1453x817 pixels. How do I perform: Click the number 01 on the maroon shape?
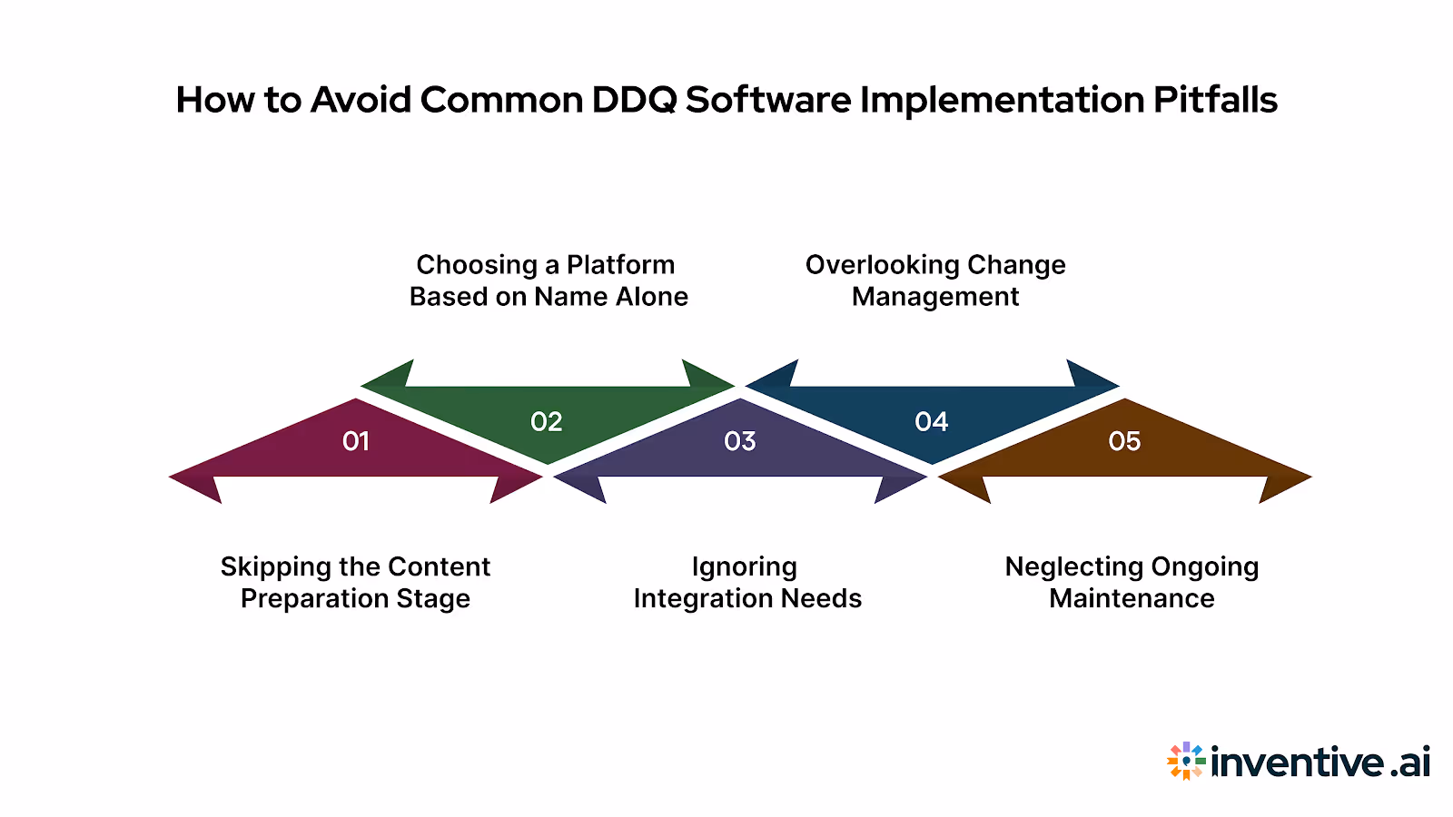pos(356,441)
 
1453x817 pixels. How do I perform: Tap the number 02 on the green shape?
pos(547,421)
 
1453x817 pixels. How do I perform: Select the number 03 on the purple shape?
pos(740,441)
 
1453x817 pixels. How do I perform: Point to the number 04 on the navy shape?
pos(932,421)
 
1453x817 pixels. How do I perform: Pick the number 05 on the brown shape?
pos(1124,441)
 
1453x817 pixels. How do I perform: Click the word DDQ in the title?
pos(634,100)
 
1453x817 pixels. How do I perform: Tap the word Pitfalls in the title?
pos(1215,100)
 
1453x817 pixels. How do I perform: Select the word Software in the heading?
pos(768,100)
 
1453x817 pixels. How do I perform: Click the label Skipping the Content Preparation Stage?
pos(355,582)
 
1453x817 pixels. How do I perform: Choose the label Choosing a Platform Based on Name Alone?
pos(548,281)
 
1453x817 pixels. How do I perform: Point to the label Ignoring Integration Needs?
pos(746,582)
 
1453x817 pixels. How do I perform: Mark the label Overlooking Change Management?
pos(935,281)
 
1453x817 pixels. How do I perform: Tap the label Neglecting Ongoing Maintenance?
pos(1132,582)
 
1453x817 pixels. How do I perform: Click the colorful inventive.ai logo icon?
pos(1186,761)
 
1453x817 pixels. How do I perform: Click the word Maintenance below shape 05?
pos(1132,598)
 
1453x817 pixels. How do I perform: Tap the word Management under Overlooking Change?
pos(935,297)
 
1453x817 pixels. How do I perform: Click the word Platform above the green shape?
pos(620,265)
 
